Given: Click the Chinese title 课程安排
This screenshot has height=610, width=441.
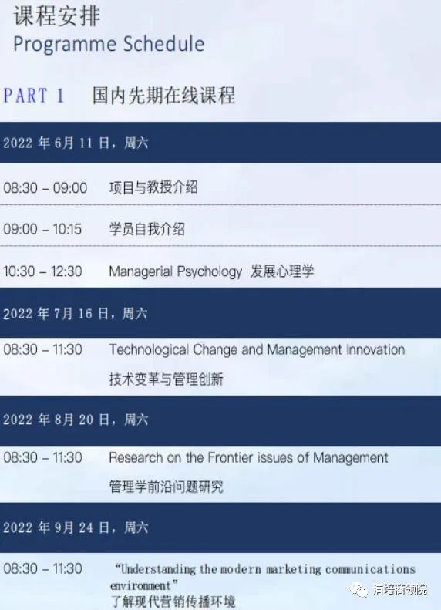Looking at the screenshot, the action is point(57,16).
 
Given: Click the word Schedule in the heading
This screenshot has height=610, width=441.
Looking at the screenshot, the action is point(163,43).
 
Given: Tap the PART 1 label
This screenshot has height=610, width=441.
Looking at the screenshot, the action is point(34,96).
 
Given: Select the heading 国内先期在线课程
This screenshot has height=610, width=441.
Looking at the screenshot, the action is point(163,96).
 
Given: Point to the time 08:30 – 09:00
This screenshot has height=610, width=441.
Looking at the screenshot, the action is point(45,188).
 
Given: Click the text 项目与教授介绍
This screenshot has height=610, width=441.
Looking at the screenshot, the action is point(153,187).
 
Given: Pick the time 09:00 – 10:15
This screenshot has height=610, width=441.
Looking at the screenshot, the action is point(42,229).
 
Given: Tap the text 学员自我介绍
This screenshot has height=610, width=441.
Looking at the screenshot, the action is point(147,229).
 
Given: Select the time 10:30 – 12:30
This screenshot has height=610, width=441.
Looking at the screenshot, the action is point(42,271).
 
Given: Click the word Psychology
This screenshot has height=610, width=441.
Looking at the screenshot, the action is point(209,271).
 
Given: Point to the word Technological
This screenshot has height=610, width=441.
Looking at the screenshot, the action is point(149,350).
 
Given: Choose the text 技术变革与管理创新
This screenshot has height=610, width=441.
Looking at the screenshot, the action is point(166,379).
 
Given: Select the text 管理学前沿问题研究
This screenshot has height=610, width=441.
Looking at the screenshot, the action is point(166,487).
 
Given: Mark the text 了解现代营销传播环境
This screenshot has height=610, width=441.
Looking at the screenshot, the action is point(173,602).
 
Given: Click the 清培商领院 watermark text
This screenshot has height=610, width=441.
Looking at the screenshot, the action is point(400,589).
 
